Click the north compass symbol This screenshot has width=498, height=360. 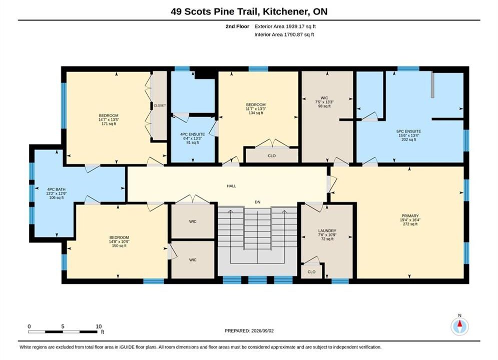click(x=459, y=325)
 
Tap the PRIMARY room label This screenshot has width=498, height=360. click(x=410, y=215)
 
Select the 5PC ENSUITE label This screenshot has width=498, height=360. click(x=408, y=131)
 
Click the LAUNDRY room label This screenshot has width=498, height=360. click(x=327, y=231)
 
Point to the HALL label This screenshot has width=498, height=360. click(x=232, y=186)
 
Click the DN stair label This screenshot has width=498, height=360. click(x=258, y=202)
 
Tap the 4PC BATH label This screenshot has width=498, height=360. click(x=56, y=189)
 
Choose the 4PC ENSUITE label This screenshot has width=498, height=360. click(x=193, y=134)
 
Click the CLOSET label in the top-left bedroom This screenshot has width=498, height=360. click(x=160, y=105)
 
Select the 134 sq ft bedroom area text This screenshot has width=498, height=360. click(x=256, y=113)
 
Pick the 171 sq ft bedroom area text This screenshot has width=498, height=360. click(x=109, y=123)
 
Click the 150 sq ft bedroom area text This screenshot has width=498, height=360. click(x=119, y=245)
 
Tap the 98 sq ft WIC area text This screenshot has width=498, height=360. click(x=324, y=106)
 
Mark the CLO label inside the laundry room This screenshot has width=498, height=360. click(x=312, y=272)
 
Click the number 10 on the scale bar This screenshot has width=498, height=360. click(x=99, y=326)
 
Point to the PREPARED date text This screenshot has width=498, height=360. click(x=249, y=331)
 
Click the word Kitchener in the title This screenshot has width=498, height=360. click(x=286, y=11)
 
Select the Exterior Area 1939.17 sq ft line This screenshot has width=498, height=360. click(x=285, y=26)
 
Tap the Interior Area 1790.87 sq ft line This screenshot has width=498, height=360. click(x=284, y=34)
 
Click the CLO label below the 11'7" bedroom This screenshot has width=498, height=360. click(x=272, y=155)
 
